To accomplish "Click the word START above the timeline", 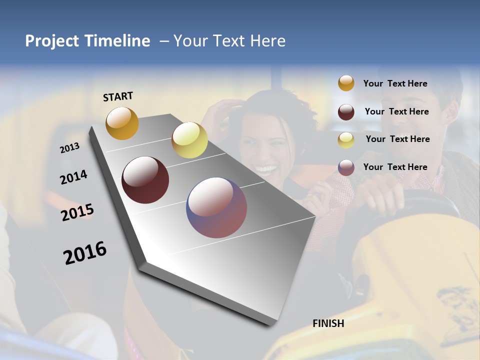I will point(118,96).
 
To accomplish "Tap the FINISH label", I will point(328,323).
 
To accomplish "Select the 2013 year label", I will point(70,147).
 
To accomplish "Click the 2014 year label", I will point(74,177).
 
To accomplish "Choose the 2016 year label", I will point(85,252).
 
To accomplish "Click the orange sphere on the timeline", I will point(122,123).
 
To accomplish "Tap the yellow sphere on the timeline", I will point(189,140).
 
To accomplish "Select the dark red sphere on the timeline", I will point(145,180).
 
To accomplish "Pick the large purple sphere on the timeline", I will point(216,207).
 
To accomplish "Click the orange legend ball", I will point(346,83).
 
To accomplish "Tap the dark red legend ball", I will point(346,112).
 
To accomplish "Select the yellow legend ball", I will point(346,140).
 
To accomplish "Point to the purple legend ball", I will point(346,167).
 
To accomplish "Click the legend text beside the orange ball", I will point(395,83).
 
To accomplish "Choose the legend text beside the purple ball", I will point(395,167).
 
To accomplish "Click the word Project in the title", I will point(52,41).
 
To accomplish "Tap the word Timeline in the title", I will point(117,41).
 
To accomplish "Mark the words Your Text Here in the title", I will point(229,41).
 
